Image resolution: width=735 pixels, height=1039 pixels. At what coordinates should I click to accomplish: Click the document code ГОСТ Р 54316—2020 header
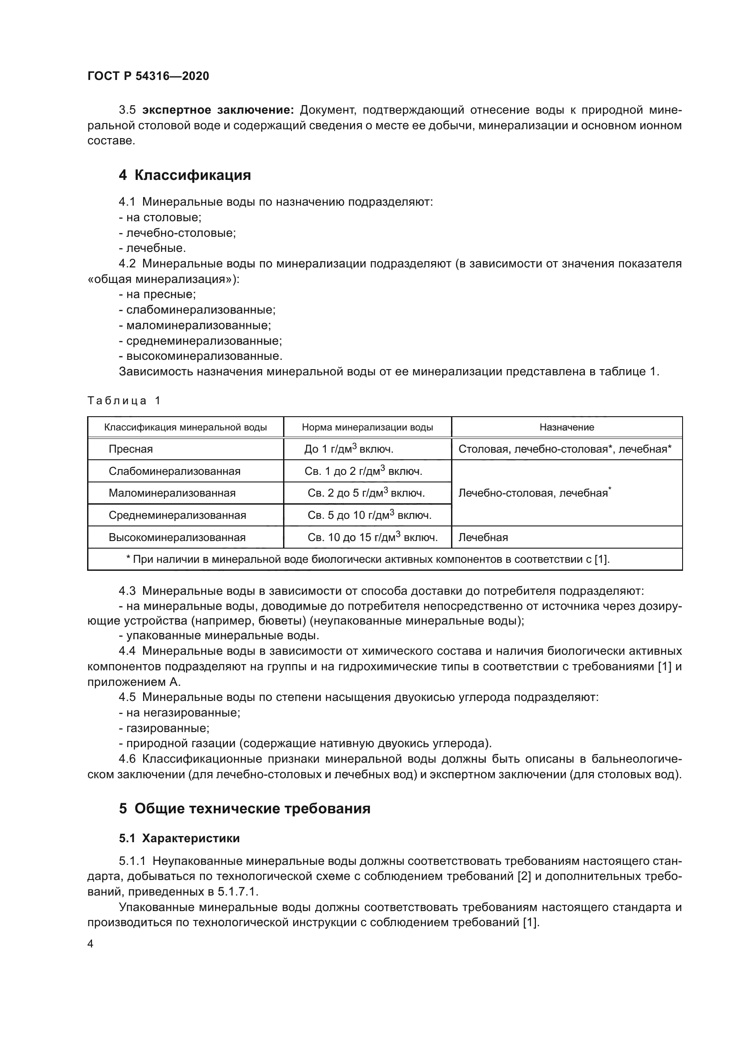[148, 76]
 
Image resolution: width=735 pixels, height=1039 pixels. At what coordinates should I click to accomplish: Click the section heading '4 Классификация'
[184, 175]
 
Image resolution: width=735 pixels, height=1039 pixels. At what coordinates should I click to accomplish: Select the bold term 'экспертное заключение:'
[218, 110]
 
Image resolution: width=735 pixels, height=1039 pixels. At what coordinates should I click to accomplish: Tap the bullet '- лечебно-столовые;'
[177, 233]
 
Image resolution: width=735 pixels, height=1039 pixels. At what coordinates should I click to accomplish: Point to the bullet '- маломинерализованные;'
[195, 325]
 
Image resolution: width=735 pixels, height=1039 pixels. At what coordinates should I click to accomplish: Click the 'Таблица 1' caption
[124, 401]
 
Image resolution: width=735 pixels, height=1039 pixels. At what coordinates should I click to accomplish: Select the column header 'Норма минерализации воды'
[367, 427]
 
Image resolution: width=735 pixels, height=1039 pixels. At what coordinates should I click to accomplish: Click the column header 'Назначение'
[567, 427]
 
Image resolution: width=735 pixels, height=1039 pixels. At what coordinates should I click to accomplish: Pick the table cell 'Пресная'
[131, 449]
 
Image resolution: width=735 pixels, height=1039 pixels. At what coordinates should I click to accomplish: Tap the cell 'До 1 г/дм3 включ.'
[348, 449]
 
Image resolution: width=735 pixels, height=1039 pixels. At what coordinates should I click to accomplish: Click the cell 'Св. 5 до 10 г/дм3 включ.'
[369, 515]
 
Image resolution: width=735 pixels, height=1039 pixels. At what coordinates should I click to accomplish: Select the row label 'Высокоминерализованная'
[177, 537]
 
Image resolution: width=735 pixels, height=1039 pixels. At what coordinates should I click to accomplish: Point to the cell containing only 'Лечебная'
[483, 537]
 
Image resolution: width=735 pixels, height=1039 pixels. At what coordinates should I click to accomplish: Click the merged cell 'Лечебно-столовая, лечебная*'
[534, 493]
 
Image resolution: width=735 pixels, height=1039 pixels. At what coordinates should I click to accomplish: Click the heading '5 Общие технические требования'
[244, 808]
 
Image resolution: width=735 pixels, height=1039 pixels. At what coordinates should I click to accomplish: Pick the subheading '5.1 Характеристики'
[179, 838]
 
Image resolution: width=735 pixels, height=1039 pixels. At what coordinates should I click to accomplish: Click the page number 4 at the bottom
[91, 943]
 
